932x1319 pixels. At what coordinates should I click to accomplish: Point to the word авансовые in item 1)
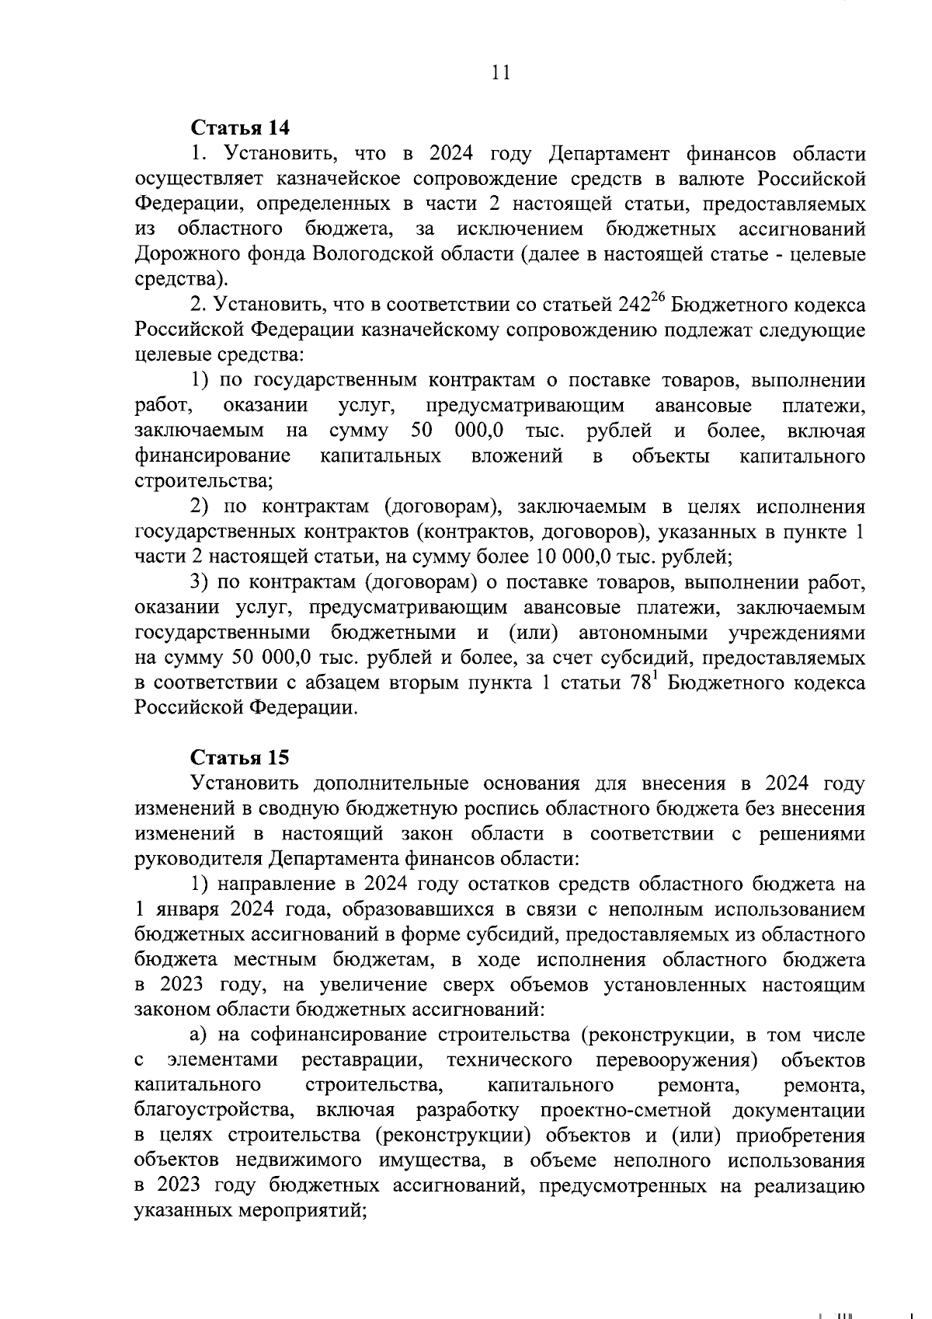(x=703, y=406)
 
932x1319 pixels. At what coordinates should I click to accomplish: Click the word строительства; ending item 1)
(x=203, y=481)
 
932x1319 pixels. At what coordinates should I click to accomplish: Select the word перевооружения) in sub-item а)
(x=676, y=1061)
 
